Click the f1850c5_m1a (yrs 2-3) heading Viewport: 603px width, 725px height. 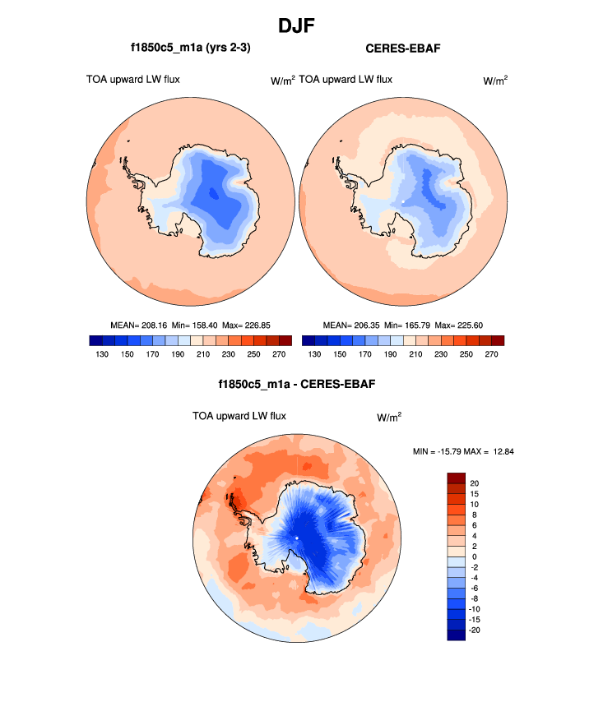[x=190, y=48]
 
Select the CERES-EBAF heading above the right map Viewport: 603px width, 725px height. [x=402, y=48]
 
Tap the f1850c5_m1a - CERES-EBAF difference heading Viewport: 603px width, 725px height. [x=297, y=384]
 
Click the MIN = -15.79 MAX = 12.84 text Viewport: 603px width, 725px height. [x=465, y=451]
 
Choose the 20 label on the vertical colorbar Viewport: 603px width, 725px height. [x=475, y=483]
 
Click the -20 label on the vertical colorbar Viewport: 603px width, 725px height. [x=475, y=630]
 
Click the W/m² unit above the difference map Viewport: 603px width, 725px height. [x=389, y=418]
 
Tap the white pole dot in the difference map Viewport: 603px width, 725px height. [x=296, y=538]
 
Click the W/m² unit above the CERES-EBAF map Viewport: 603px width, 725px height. [x=494, y=81]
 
